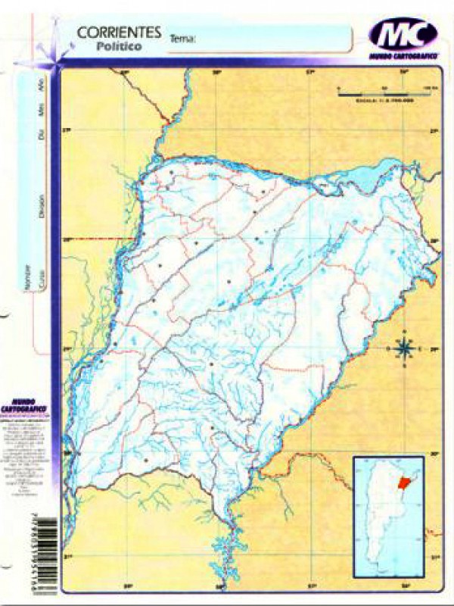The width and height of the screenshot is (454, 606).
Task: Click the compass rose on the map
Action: (x=404, y=348)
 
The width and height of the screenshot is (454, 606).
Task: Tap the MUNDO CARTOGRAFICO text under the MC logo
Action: (x=404, y=57)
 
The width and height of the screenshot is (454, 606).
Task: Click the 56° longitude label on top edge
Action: (x=404, y=73)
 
